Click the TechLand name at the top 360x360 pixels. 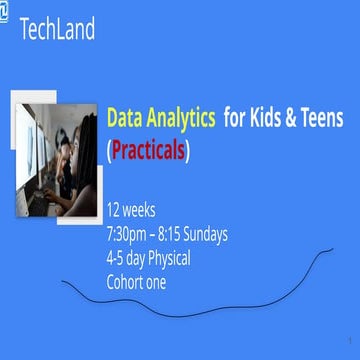click(57, 29)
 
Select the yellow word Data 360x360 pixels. click(125, 119)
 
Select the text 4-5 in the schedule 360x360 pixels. click(118, 258)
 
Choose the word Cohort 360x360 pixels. click(128, 281)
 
